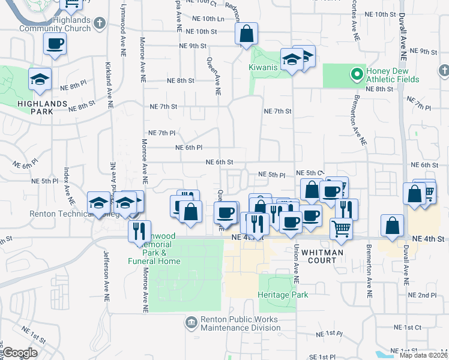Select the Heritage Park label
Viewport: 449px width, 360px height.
point(283,295)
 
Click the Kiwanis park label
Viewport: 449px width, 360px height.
point(263,67)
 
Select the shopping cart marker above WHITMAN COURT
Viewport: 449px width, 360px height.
point(340,228)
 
